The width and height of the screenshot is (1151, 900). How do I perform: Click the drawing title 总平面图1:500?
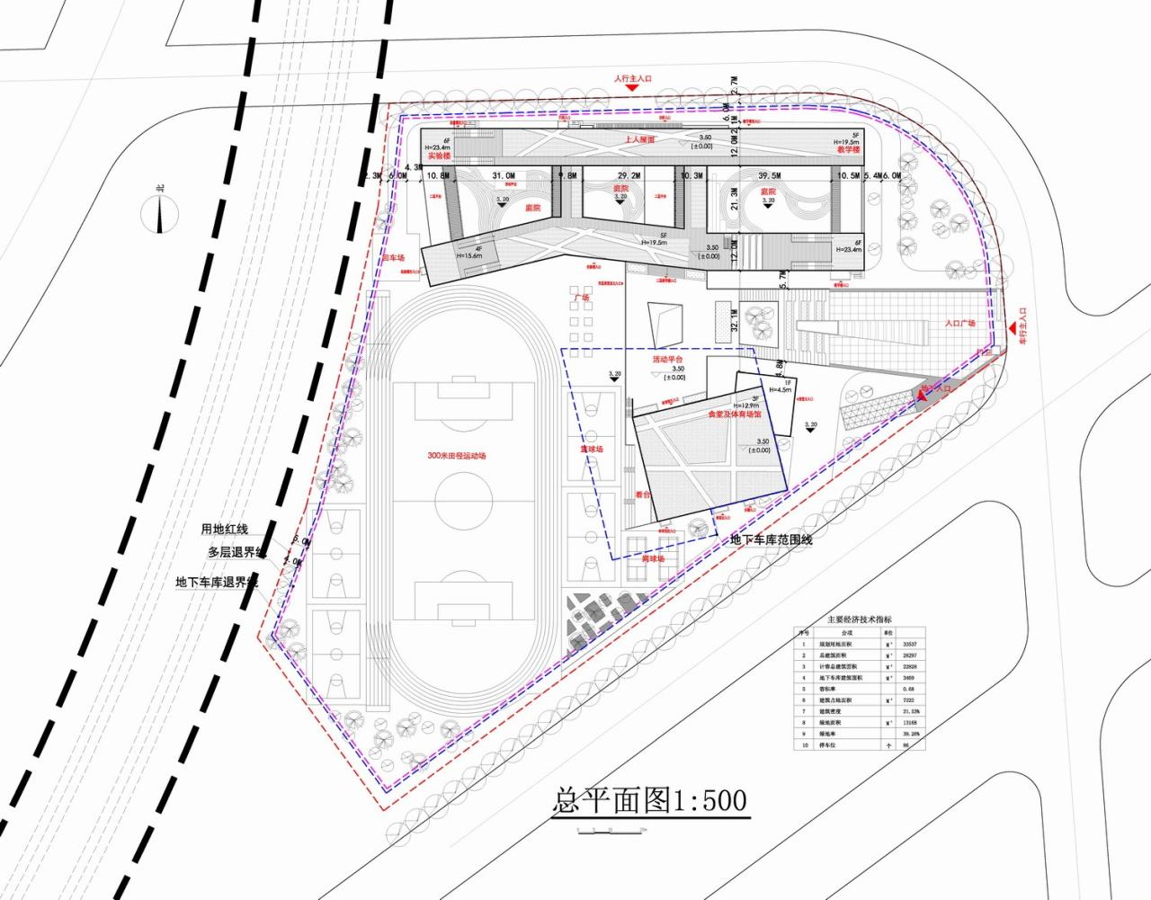coord(649,799)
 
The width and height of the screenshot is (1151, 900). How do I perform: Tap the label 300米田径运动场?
coord(456,456)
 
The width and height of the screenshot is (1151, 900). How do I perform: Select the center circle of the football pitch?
coord(464,495)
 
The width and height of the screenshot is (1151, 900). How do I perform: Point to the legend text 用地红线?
coord(225,530)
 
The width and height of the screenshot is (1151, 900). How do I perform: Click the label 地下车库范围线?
coord(771,539)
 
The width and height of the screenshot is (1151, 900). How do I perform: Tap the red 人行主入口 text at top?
coord(633,79)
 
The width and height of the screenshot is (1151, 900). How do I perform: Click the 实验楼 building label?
coord(439,156)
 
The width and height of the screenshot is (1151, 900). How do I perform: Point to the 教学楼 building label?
coord(848,150)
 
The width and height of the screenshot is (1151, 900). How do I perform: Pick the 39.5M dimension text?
coord(769,176)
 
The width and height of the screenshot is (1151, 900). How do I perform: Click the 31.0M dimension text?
coord(504,176)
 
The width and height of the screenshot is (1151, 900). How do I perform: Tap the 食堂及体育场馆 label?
coord(734,415)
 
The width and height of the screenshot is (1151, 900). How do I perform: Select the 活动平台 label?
coord(668,360)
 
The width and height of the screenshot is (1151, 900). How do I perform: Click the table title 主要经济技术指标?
coord(860,619)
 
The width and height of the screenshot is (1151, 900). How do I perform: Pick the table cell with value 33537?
coord(909,645)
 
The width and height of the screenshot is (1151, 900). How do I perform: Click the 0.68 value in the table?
coord(908,690)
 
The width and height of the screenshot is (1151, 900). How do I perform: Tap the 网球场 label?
coord(653,559)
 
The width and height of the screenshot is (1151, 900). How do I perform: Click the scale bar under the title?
coord(611,827)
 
